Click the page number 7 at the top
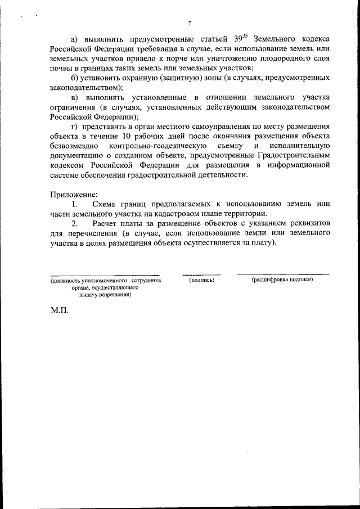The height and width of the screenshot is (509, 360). coord(190,23)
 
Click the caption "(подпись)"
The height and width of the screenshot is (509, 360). coord(202,279)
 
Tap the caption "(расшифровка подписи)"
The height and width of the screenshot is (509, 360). coord(283,279)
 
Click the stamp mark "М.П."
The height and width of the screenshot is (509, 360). coord(59,310)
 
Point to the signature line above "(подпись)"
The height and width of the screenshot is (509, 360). coord(202,274)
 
